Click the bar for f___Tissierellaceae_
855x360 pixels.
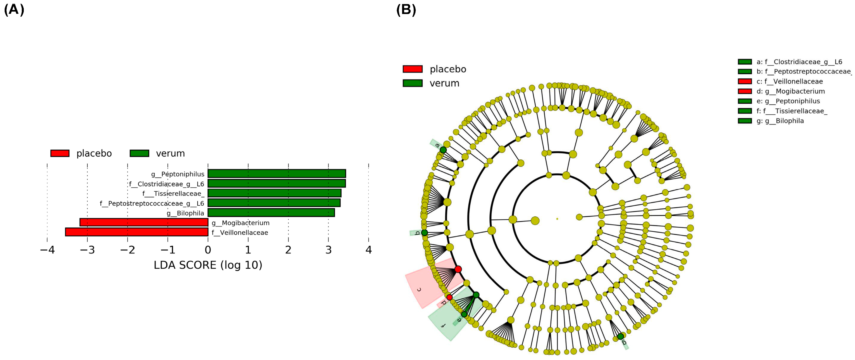(x=274, y=193)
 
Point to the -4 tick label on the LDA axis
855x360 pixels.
(x=47, y=250)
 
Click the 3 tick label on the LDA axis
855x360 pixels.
(x=328, y=250)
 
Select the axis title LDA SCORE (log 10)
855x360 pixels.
(x=208, y=265)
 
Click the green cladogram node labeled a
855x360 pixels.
(x=443, y=150)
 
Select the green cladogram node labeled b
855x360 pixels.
(x=424, y=233)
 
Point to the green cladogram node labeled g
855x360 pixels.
(x=620, y=336)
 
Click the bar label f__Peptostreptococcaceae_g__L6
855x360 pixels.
(x=152, y=203)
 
